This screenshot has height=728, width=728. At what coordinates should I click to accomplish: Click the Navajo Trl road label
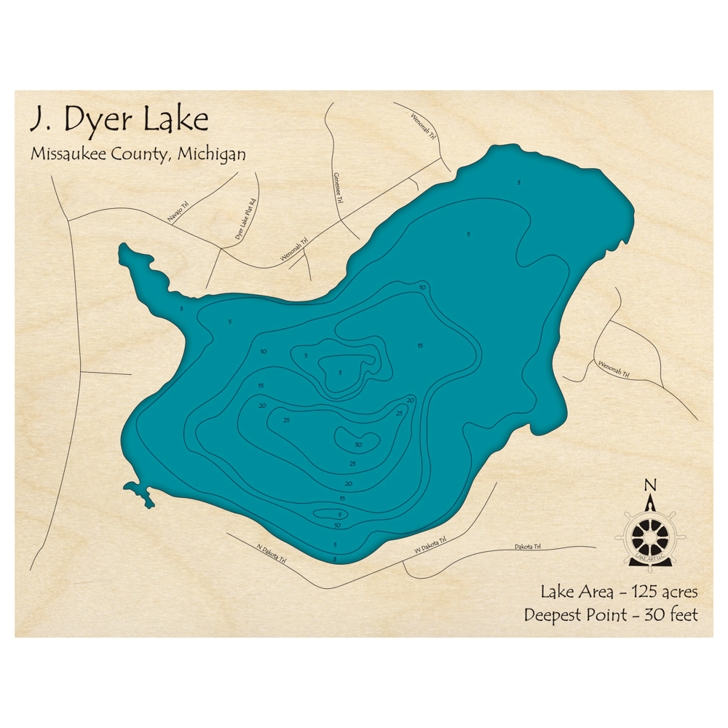click(178, 212)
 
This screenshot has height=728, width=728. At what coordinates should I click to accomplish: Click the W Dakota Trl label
click(430, 545)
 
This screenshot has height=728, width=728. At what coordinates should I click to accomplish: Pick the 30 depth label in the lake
click(357, 444)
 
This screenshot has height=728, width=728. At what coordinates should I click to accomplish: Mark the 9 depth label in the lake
click(339, 515)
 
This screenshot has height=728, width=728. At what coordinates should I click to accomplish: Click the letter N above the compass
click(650, 486)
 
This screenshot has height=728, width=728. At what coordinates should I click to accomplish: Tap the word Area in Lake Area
click(586, 590)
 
